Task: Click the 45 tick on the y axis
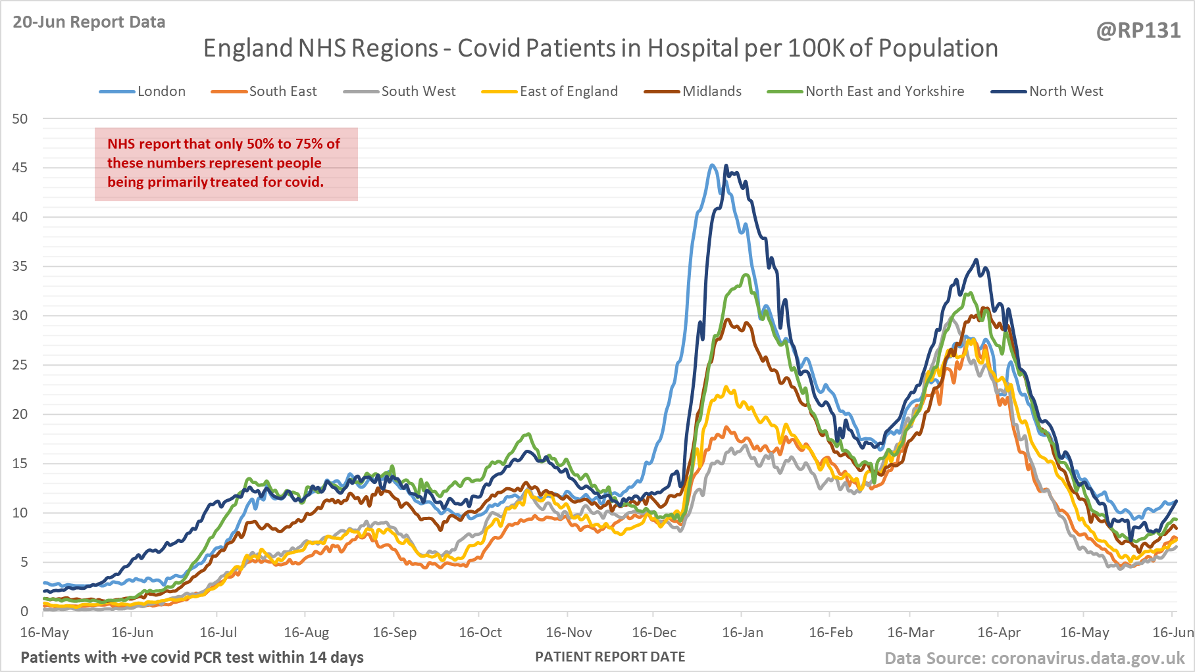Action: pos(20,168)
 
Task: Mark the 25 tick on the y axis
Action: pos(20,365)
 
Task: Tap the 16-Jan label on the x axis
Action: pos(742,633)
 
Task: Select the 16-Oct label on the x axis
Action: pos(480,633)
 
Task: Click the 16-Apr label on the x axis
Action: pos(998,633)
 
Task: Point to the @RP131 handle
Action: pos(1138,31)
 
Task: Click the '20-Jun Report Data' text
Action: pos(89,22)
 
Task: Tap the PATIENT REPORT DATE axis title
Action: pos(610,657)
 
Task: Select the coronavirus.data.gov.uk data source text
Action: pos(1034,658)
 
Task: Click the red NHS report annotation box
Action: pos(226,164)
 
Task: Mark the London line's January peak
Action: pos(713,165)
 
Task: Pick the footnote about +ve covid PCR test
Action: pos(191,657)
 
